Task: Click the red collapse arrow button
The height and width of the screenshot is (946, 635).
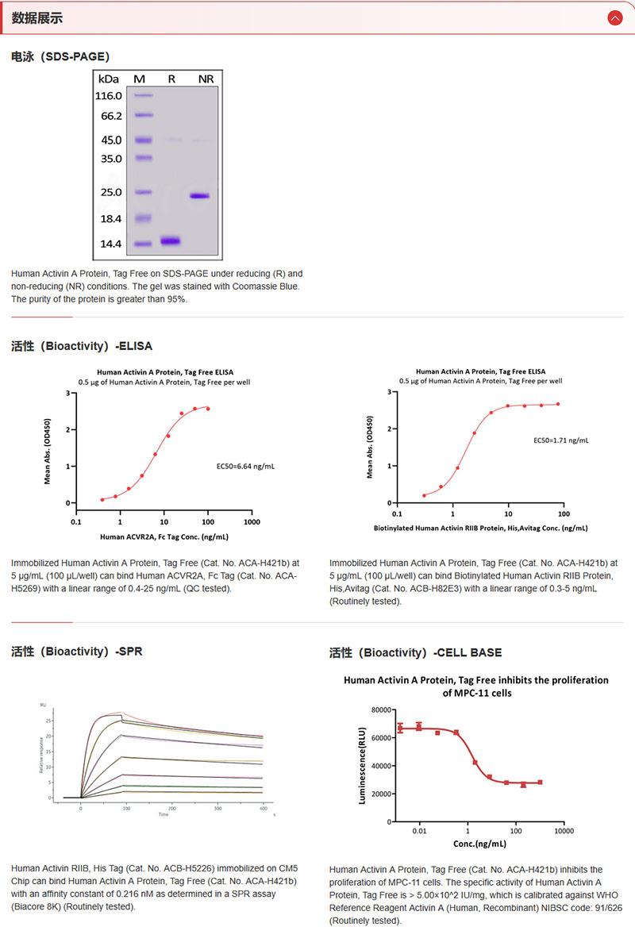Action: tap(614, 17)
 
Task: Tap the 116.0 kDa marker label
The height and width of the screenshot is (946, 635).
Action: tap(108, 96)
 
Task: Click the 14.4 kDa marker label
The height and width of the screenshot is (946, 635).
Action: tap(108, 244)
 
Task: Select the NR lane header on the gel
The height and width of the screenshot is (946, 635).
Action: tap(206, 79)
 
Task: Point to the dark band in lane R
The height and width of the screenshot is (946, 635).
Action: tap(171, 240)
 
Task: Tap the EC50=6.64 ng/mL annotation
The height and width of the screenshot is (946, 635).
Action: tap(246, 466)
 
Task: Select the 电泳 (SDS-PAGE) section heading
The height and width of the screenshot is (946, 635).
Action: tap(60, 56)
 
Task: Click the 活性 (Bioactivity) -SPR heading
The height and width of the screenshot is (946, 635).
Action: tap(77, 652)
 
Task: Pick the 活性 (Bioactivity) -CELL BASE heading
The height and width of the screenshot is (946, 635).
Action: tap(415, 652)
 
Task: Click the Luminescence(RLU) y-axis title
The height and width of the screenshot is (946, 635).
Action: tap(363, 766)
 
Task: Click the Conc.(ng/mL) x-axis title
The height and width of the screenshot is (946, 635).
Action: tap(479, 844)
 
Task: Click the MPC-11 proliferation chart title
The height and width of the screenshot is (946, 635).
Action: tap(475, 686)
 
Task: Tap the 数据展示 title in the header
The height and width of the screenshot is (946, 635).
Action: tap(37, 17)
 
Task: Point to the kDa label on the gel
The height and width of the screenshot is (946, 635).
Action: tap(108, 79)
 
